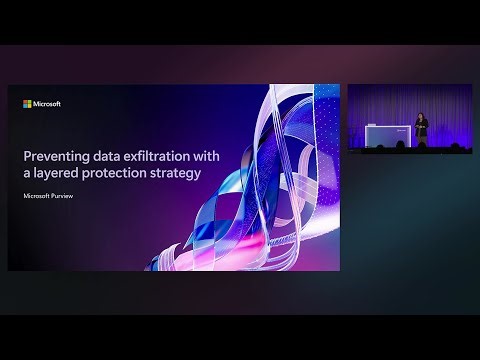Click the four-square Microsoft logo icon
[27, 103]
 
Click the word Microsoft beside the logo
[47, 103]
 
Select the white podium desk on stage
[389, 133]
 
